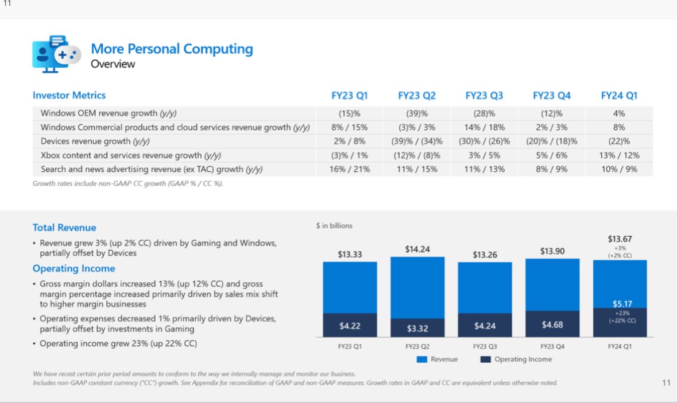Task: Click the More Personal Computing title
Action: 172,49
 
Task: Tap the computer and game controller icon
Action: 56,53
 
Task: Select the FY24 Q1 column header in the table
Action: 619,95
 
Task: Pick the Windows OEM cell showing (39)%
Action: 416,113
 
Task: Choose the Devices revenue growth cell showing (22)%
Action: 619,141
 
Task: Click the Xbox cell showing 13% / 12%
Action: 619,155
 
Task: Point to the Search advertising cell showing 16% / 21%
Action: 350,169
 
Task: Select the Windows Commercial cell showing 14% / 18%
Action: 484,127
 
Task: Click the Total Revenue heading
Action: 64,228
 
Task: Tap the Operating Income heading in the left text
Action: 73,268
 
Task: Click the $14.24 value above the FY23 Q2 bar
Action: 417,250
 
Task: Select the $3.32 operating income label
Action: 417,328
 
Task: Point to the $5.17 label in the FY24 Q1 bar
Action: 620,303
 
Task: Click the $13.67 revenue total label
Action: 620,239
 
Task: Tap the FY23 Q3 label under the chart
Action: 485,347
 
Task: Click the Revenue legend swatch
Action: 422,359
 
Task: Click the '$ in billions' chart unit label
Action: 334,226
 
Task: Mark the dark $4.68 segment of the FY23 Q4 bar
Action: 552,324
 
